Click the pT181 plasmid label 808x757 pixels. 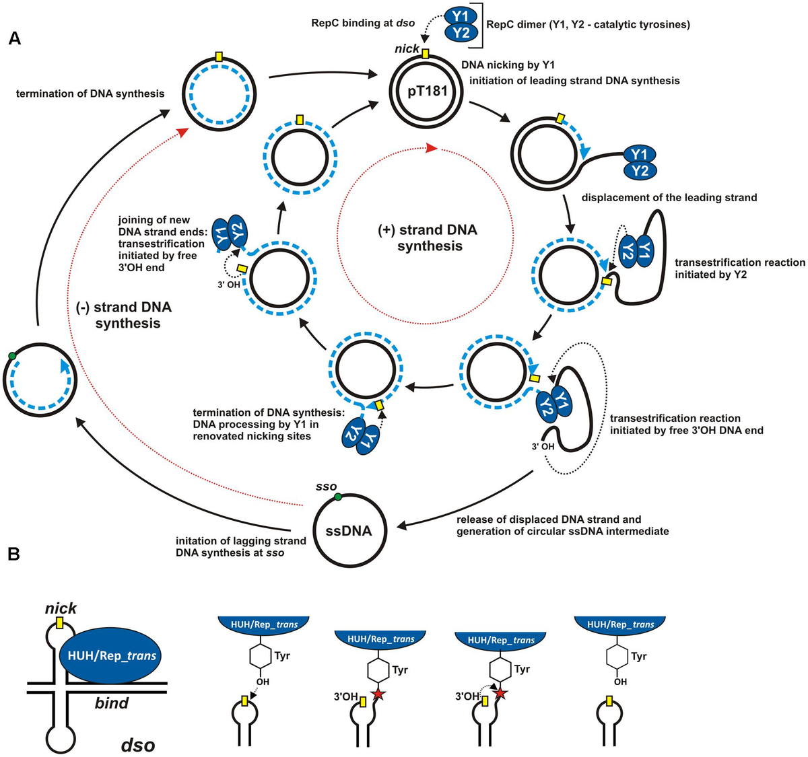pos(426,89)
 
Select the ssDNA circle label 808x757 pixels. pos(349,531)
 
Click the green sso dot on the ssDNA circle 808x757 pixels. pos(338,497)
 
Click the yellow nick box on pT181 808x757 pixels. pos(426,52)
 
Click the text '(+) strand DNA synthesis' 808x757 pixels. pos(428,238)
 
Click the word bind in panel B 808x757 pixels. pos(112,703)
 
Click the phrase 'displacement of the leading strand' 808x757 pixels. pos(669,198)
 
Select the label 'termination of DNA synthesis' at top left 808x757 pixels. pos(90,94)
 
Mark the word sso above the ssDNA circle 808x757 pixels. pos(326,486)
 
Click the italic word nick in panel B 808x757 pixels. pos(61,608)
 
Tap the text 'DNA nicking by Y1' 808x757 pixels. pos(508,65)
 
